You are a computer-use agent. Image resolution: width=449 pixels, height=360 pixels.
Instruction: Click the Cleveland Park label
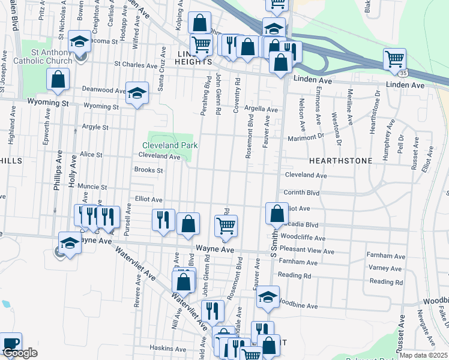(x=170, y=145)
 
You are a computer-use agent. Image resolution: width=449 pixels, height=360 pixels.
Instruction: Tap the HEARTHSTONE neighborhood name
(x=340, y=161)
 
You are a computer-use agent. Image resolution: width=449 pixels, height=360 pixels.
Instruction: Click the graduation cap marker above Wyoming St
(x=137, y=93)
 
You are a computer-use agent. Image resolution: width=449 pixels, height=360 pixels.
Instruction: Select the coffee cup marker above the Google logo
(x=10, y=343)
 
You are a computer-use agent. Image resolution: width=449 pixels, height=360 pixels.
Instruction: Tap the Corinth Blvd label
(x=302, y=193)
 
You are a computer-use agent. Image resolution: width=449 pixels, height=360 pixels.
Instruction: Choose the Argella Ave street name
(x=261, y=110)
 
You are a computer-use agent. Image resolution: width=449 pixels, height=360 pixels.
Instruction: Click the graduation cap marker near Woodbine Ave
(x=268, y=297)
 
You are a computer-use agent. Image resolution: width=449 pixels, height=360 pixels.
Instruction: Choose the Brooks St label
(x=149, y=170)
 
